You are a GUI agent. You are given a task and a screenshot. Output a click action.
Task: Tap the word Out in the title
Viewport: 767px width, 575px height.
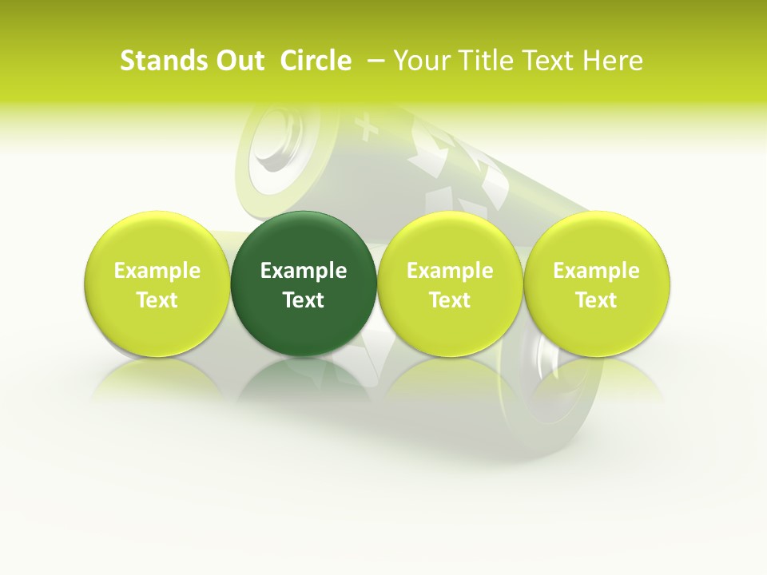(237, 61)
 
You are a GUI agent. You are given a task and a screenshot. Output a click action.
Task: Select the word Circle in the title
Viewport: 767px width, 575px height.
(316, 61)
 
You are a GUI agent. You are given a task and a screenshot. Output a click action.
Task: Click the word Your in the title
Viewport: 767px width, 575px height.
(420, 61)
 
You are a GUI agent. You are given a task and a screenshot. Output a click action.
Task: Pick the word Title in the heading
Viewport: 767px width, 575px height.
(480, 61)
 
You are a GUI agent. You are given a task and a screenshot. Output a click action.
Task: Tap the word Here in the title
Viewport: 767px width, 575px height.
(613, 61)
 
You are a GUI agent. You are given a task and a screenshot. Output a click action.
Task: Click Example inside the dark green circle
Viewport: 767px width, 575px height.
(304, 271)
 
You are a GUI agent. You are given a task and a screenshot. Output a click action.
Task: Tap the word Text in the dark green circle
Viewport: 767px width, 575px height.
(304, 300)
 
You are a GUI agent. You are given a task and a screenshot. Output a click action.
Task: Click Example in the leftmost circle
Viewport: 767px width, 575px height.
(157, 271)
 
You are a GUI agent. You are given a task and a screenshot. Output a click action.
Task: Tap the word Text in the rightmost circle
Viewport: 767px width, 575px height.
(597, 300)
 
